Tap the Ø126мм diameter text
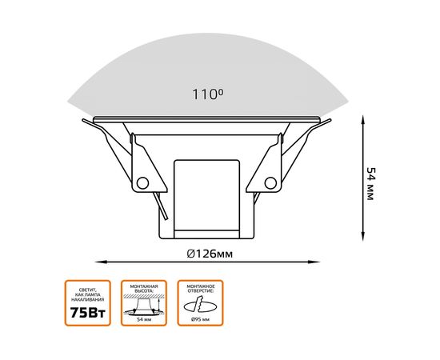[210, 254]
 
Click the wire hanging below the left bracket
[163, 210]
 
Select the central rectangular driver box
[206, 196]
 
